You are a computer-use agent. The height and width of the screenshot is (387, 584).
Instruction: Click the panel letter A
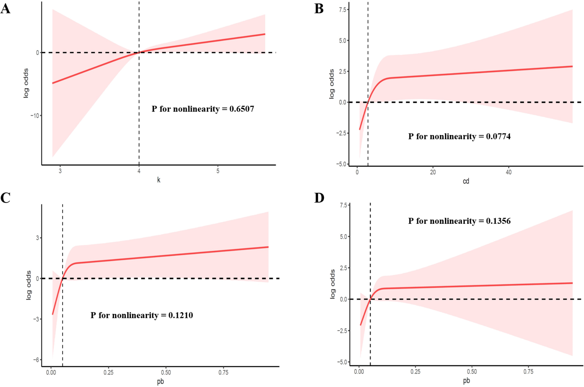pos(6,8)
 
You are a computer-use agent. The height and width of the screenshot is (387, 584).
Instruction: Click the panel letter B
pos(319,8)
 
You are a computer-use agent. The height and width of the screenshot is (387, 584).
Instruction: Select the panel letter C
pos(6,198)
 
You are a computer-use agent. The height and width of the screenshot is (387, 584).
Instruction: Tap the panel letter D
pos(319,198)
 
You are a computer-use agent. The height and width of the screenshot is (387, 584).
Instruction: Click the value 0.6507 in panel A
pos(241,109)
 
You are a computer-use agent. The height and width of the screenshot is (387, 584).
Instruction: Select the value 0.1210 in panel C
pos(180,315)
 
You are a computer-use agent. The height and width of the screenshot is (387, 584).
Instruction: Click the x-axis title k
pos(159,180)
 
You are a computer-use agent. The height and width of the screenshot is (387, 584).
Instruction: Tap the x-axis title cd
pos(466,181)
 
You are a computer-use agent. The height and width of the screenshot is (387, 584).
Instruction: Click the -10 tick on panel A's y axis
pos(35,116)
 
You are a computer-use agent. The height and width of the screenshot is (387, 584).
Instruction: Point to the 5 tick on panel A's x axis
pos(218,171)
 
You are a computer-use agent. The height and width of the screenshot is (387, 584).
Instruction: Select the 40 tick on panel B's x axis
pos(508,172)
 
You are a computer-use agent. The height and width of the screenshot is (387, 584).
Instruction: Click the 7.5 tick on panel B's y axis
pos(342,10)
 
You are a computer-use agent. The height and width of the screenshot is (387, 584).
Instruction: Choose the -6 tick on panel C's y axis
pos(36,360)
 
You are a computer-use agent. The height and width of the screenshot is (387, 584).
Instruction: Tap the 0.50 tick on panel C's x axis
pos(166,372)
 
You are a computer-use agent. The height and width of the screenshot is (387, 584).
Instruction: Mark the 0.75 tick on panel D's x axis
pos(528,372)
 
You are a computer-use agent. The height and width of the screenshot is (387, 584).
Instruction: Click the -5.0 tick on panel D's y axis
pos(342,362)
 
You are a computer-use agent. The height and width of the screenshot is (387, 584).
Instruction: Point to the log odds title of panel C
pos(29,285)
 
